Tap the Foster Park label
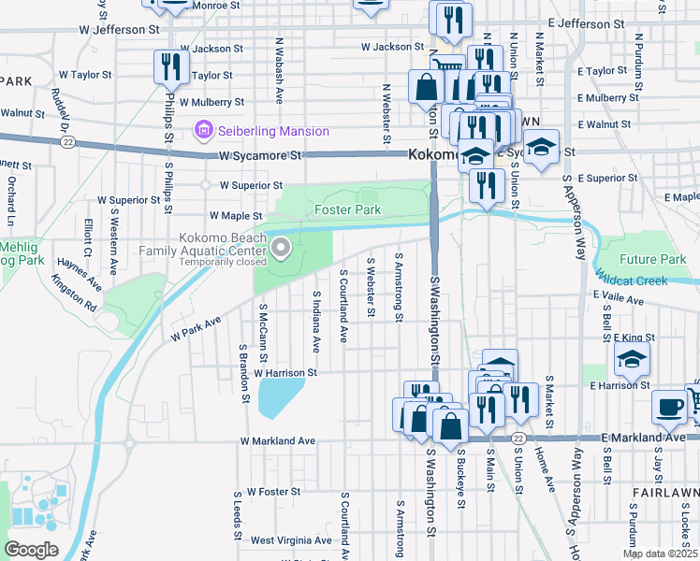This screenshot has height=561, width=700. coord(347,210)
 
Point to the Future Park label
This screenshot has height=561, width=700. coord(652,259)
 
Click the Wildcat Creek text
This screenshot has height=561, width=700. coord(645,278)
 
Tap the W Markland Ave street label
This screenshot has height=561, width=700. coord(278,440)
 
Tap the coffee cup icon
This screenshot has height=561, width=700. coord(669,405)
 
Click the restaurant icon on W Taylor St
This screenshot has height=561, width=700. coord(170,65)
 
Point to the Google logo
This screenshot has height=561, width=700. coord(31,550)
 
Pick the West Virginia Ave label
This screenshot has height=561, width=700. coord(290,540)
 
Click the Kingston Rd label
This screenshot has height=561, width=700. coord(74,293)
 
